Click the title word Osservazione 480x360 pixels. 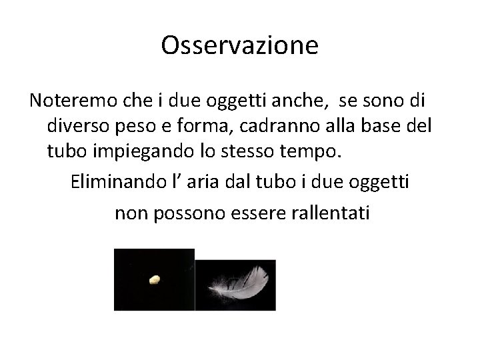pos(240,46)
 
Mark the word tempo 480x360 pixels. pos(315,152)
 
